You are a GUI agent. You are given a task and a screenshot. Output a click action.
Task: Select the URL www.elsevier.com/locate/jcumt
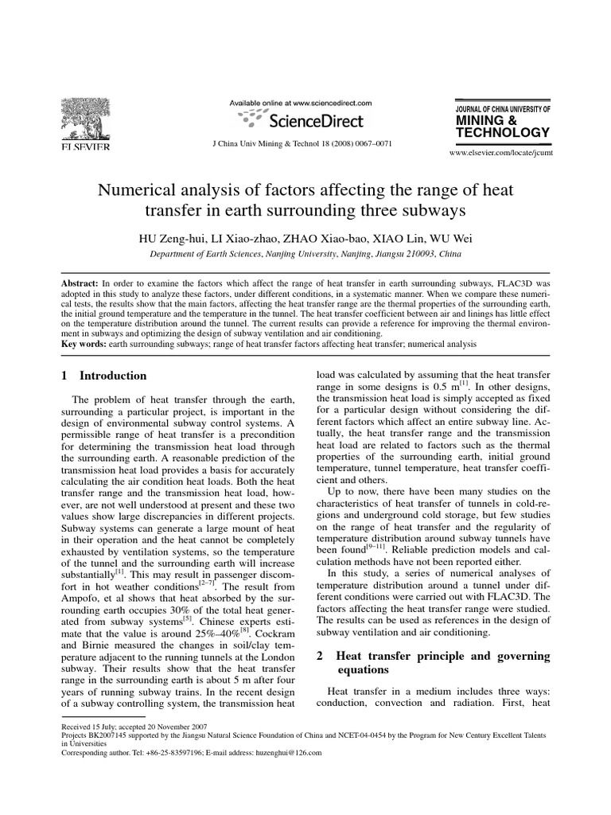coord(500,150)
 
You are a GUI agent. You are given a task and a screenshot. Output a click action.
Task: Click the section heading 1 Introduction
coord(104,376)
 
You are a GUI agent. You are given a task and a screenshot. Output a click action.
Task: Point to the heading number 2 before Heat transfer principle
coord(320,656)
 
